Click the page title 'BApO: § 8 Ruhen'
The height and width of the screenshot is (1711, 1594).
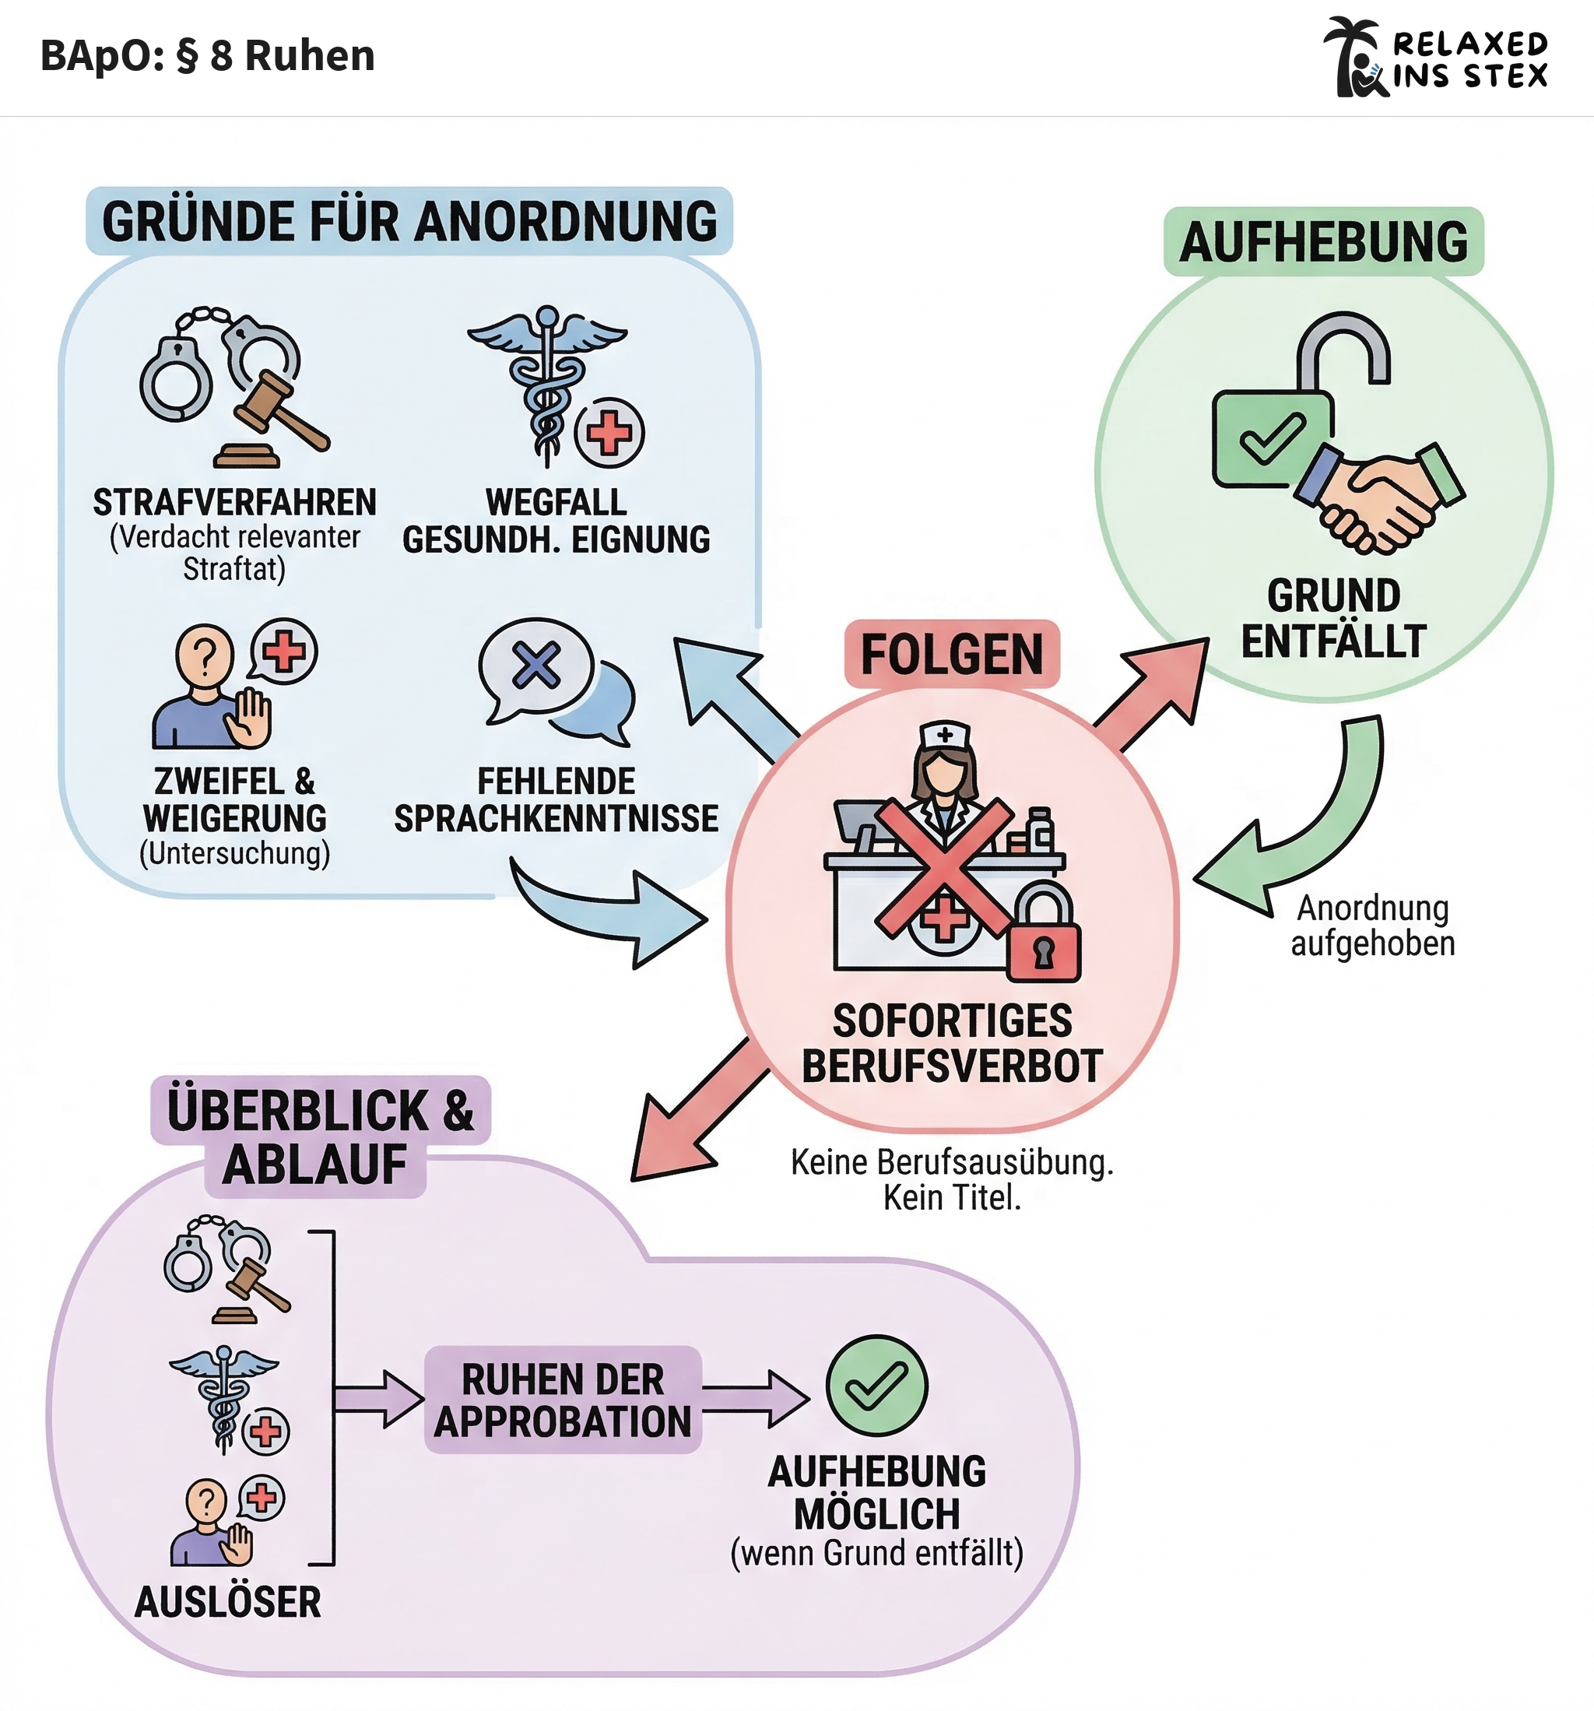tap(208, 56)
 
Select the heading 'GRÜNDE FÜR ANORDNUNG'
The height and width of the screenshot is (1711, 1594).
tap(409, 221)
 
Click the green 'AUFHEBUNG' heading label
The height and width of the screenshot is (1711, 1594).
tap(1323, 242)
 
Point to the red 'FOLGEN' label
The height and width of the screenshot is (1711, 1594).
tap(951, 654)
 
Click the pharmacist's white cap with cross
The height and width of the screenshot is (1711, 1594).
tap(944, 736)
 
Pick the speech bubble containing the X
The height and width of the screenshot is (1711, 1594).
tap(535, 666)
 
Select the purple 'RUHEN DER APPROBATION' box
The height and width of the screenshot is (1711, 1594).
tap(563, 1400)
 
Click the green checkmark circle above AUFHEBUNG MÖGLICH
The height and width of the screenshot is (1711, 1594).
tap(876, 1386)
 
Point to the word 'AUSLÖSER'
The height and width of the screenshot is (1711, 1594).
tap(228, 1602)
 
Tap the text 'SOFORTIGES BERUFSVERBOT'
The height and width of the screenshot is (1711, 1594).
tap(952, 1043)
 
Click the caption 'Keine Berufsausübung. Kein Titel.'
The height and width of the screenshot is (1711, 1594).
tap(952, 1179)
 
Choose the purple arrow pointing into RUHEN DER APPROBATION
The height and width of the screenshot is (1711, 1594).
tap(377, 1399)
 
